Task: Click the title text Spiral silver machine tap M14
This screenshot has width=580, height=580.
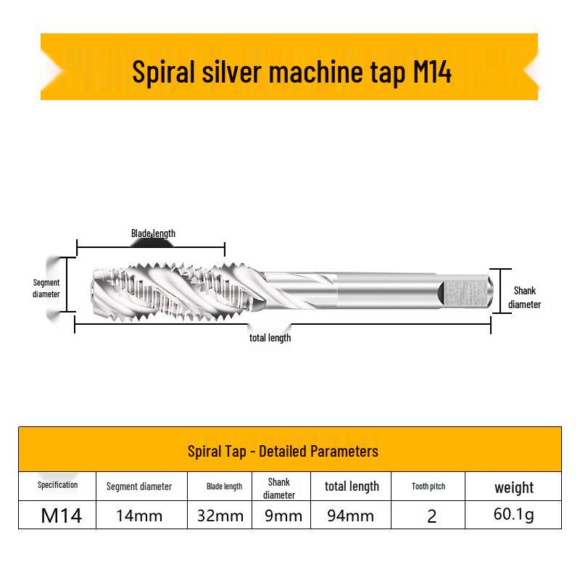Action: (x=291, y=72)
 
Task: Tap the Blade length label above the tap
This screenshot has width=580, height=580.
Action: (x=153, y=233)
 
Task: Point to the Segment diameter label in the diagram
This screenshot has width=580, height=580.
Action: (x=46, y=288)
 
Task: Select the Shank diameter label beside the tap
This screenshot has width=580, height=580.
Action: (x=524, y=297)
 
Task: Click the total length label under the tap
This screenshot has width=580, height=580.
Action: (x=270, y=338)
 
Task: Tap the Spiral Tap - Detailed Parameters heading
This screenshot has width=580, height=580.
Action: (x=283, y=451)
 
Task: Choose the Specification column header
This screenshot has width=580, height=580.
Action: (x=58, y=485)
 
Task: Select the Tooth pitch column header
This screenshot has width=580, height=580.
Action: (x=428, y=486)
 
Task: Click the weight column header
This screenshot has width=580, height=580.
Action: (x=514, y=488)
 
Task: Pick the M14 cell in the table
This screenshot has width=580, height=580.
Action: (x=62, y=515)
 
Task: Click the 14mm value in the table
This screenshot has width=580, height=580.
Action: (x=139, y=515)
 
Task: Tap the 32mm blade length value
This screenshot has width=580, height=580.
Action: (x=220, y=515)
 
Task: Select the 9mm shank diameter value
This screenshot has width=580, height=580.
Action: (x=283, y=515)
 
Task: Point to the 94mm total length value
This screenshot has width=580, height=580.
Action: (x=350, y=515)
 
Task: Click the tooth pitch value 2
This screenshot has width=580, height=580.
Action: (x=431, y=516)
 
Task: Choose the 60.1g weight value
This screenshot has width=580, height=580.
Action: (x=514, y=515)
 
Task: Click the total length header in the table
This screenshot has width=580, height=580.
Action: (x=352, y=486)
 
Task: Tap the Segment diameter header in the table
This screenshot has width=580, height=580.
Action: (x=139, y=486)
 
